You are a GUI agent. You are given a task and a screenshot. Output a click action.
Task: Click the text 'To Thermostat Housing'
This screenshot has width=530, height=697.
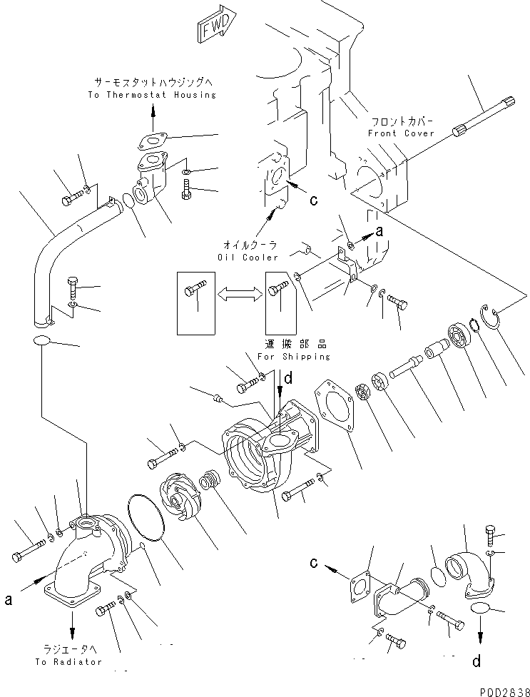[x=153, y=95]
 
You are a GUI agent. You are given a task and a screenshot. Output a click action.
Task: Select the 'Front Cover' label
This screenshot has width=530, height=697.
[x=401, y=133]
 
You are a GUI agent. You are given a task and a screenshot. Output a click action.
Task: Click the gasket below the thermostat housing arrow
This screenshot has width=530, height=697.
[x=153, y=141]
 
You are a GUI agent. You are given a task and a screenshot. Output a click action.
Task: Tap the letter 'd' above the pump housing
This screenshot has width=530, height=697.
[x=287, y=380]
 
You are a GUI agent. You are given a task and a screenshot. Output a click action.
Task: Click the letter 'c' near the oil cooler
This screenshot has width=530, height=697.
[x=312, y=200]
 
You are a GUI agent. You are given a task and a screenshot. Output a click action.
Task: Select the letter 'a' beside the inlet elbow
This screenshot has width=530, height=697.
[x=8, y=600]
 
